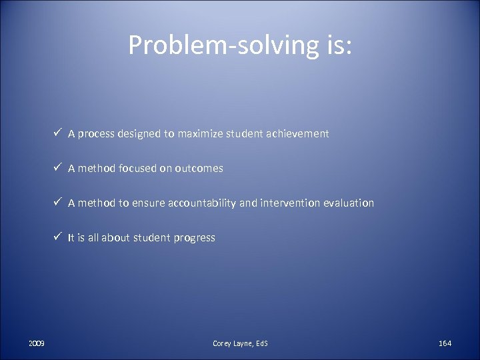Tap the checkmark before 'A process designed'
(59, 133)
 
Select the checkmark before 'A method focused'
(59, 168)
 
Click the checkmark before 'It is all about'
(59, 237)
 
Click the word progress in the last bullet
(195, 238)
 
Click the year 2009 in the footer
(37, 343)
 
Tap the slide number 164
(445, 343)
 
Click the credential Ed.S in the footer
(261, 343)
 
